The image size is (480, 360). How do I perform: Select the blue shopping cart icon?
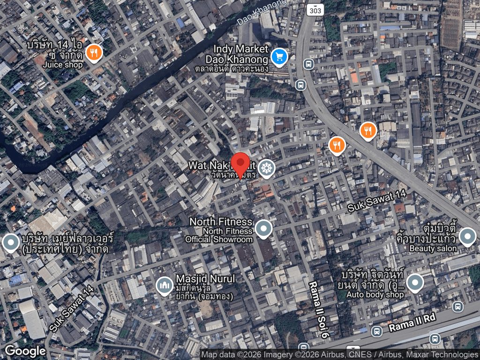click(x=280, y=58)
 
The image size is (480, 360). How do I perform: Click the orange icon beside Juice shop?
click(x=94, y=53)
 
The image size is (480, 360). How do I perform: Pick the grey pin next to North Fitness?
click(x=263, y=229)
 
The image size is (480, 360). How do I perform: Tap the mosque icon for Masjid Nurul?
click(x=164, y=285)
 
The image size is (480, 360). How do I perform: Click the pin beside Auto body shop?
click(x=415, y=283)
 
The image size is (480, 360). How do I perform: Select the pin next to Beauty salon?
click(x=467, y=237)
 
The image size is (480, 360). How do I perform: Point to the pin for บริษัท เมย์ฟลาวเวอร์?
click(x=10, y=243)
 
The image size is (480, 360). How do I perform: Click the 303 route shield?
click(x=315, y=9)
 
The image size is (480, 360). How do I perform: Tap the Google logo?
click(x=25, y=351)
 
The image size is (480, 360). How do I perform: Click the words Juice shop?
click(x=62, y=65)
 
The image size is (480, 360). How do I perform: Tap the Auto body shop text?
click(x=375, y=295)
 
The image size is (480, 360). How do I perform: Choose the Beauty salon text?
click(x=433, y=248)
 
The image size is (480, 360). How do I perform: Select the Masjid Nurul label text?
click(x=205, y=279)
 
